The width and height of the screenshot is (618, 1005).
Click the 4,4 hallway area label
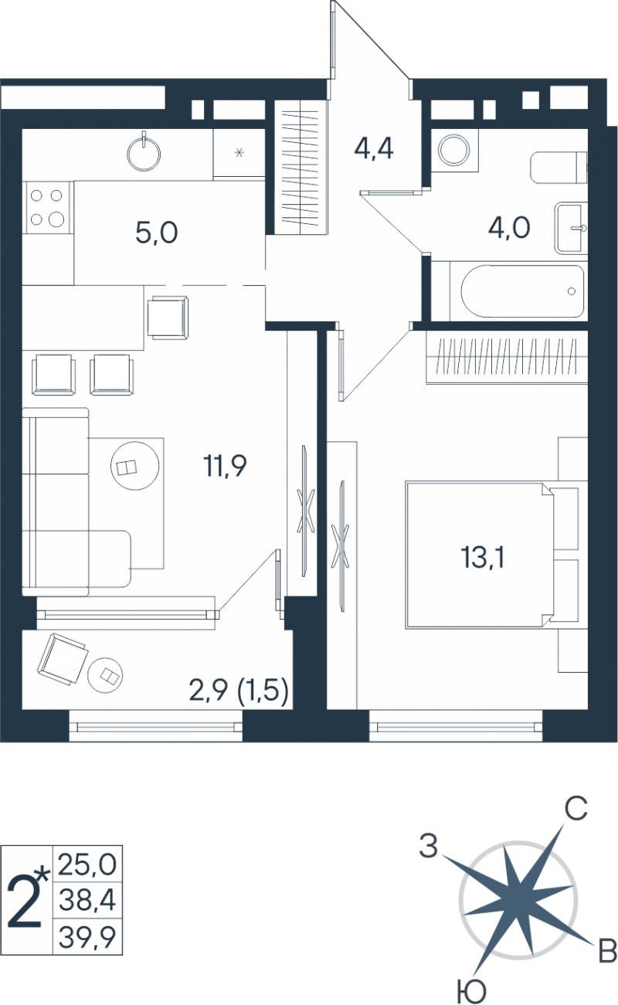coord(373,150)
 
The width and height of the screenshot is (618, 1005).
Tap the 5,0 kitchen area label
coord(157,233)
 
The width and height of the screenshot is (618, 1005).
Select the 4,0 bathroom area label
coord(509,227)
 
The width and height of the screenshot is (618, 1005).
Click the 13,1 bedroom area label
coord(483,559)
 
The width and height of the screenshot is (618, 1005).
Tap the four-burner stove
coord(47,207)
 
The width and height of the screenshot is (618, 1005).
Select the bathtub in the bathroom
coord(523,291)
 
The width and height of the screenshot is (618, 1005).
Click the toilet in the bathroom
coord(559,168)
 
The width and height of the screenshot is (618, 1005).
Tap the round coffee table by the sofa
coord(135,467)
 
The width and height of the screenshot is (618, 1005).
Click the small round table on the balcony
coord(106,674)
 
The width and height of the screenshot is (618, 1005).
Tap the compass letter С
coord(576,810)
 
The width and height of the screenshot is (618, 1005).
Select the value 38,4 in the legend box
coord(87,899)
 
